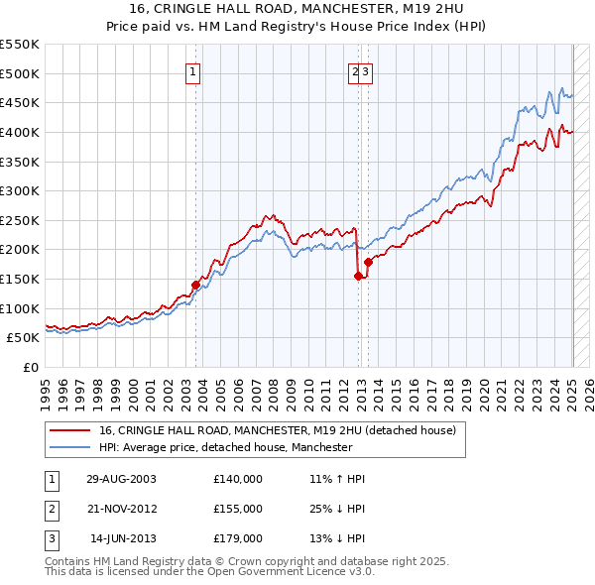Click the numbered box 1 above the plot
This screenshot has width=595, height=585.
pos(192,71)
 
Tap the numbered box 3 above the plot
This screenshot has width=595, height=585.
pos(365,71)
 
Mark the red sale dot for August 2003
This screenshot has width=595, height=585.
pos(196,285)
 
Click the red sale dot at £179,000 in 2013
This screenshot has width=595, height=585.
pos(368,262)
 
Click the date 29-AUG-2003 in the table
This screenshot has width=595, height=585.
pos(122,478)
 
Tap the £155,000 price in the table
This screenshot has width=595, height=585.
pos(238,509)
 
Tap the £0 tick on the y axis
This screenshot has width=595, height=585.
pos(30,367)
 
